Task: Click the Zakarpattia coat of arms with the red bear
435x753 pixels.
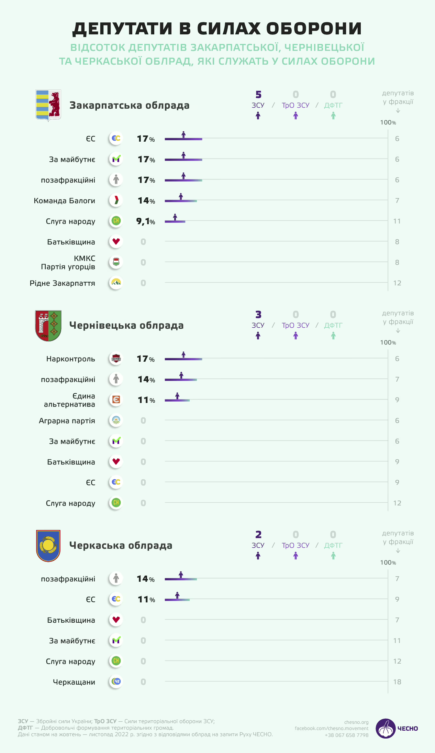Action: click(48, 105)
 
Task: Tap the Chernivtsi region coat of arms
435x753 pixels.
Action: click(48, 325)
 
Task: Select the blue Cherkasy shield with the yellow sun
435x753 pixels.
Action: click(48, 545)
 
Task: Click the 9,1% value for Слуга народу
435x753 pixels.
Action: click(146, 221)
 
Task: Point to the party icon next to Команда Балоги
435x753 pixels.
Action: click(116, 200)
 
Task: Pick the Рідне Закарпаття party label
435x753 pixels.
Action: click(62, 283)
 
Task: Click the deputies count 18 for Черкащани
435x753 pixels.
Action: click(397, 682)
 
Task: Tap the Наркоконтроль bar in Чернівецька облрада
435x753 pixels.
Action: click(183, 359)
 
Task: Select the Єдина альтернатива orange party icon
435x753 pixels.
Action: click(116, 400)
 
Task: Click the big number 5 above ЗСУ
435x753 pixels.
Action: click(258, 95)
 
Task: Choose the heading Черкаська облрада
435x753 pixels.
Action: click(121, 545)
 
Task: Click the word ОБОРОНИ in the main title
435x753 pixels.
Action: click(314, 29)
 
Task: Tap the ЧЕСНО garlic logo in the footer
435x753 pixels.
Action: click(386, 728)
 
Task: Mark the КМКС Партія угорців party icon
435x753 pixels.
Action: click(116, 262)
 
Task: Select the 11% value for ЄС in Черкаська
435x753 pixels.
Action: click(146, 599)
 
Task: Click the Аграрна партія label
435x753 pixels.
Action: click(67, 421)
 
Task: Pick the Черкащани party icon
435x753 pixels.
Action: click(116, 681)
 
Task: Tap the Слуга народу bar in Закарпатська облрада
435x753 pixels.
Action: click(175, 221)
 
